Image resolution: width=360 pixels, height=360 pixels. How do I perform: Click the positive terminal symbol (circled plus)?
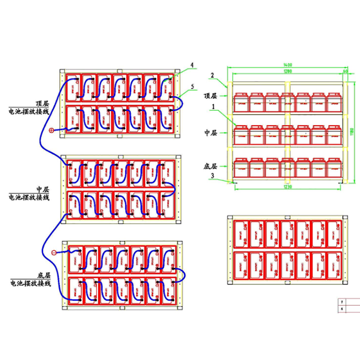point(52,130)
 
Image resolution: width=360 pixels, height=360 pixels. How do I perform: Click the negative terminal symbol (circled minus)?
point(54,252)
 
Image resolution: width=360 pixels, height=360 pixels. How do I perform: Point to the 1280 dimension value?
point(288,71)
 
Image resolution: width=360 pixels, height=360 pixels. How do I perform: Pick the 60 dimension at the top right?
point(346,71)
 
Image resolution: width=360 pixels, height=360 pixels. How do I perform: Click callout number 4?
point(192,64)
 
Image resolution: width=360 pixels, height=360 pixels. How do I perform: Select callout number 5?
point(192,86)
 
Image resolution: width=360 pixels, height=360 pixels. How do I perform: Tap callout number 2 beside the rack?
point(211,75)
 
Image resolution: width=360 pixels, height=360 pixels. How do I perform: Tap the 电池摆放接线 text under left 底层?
point(30,284)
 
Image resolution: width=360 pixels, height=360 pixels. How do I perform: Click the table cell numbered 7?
point(342,302)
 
